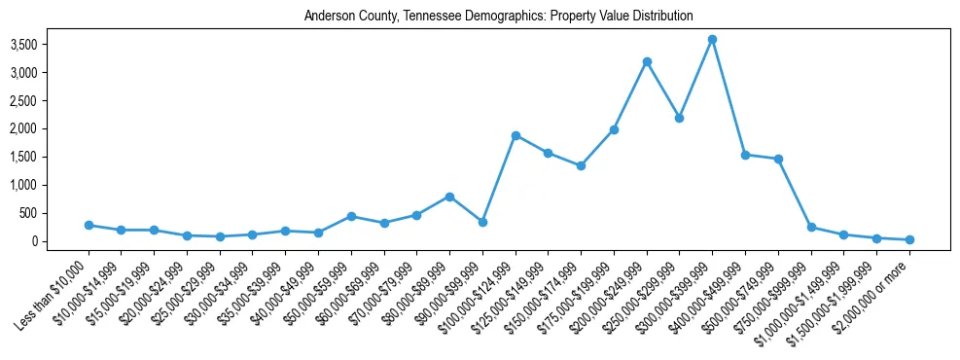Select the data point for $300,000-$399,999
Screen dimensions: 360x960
713,39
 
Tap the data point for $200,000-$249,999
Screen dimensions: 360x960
647,61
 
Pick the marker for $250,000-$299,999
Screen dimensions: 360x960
680,118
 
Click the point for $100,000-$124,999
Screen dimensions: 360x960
516,135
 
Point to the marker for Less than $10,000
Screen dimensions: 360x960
89,225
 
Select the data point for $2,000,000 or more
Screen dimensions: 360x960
909,239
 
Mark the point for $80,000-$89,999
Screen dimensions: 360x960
449,197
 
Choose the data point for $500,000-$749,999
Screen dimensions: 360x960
778,159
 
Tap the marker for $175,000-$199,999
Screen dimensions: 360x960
614,129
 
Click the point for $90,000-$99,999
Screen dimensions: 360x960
482,222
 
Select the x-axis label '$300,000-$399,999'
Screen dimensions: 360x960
677,289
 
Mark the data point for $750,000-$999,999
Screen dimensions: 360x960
811,227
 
